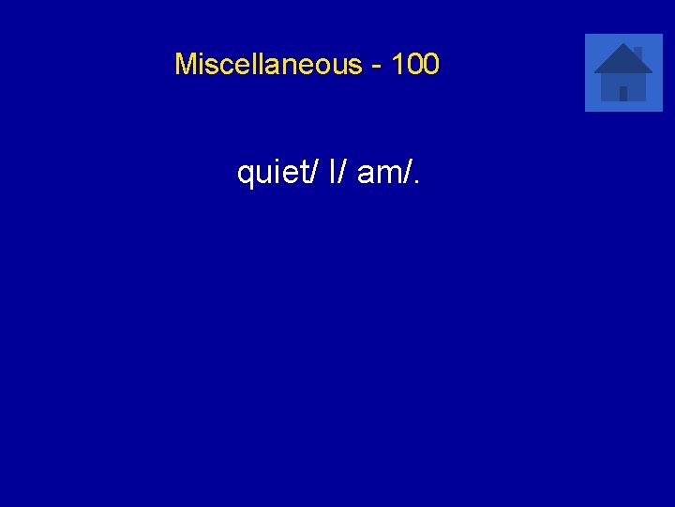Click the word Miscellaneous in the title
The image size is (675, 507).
point(268,65)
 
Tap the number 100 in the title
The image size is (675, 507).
point(415,65)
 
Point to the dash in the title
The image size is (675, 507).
point(377,66)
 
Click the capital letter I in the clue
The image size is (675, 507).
point(332,172)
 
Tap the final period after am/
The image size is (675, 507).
point(415,182)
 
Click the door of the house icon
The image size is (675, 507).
point(623,93)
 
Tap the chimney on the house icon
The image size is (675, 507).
point(637,51)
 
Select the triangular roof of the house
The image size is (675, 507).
point(622,61)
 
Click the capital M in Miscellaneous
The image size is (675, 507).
point(185,65)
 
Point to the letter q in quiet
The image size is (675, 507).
point(246,175)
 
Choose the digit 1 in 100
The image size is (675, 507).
point(398,65)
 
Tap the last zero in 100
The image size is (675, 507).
point(430,65)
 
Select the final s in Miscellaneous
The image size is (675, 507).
point(355,67)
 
